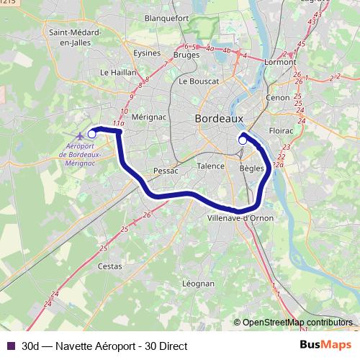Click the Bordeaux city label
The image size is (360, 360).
point(220,118)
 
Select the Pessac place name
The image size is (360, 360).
point(165,171)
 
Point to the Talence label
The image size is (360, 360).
point(210,166)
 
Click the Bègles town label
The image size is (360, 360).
point(251,167)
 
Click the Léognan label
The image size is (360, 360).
point(199,284)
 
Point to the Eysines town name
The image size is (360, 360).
point(148,53)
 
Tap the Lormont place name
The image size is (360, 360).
point(280,62)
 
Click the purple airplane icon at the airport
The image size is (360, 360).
point(78,135)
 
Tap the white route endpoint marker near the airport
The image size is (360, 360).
point(91,133)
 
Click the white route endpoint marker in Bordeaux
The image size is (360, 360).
point(243,140)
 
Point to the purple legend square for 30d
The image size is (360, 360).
point(9,346)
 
